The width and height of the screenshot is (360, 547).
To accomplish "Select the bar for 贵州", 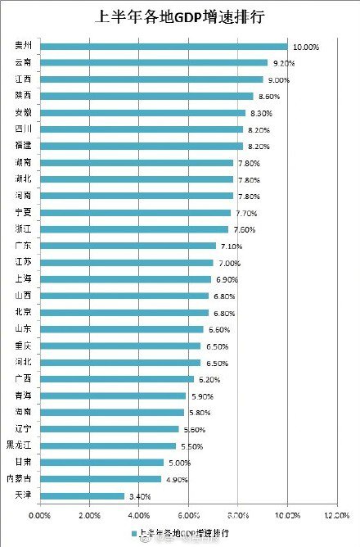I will pyautogui.click(x=164, y=46).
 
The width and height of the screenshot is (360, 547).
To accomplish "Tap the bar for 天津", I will pyautogui.click(x=82, y=495).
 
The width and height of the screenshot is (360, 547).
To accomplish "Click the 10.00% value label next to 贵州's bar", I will pyautogui.click(x=306, y=47).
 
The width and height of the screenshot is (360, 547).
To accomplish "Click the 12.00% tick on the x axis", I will pyautogui.click(x=336, y=516).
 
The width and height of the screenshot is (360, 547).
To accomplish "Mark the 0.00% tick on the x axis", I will pyautogui.click(x=39, y=516).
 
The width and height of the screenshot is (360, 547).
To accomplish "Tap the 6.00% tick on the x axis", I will pyautogui.click(x=188, y=516).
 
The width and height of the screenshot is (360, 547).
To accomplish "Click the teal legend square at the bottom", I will pyautogui.click(x=133, y=533).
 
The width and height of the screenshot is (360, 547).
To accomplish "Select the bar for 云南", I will pyautogui.click(x=154, y=62).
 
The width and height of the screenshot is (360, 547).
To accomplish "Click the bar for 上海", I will pyautogui.click(x=125, y=279).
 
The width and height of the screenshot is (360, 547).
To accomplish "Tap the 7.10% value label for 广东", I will pyautogui.click(x=234, y=246).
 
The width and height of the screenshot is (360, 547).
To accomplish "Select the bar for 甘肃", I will pyautogui.click(x=101, y=462).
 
